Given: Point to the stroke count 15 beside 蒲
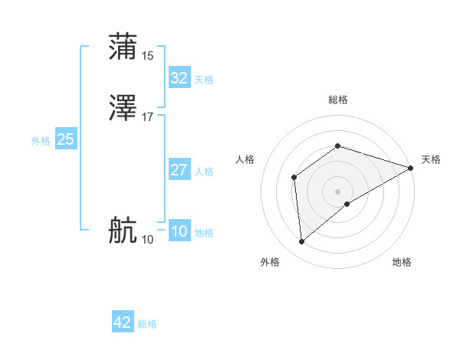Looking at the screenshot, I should click(x=148, y=55).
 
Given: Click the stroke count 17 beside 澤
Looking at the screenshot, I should click(x=148, y=117).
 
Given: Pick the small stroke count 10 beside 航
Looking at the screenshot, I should click(x=148, y=240).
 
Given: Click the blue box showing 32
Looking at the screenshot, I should click(x=179, y=78).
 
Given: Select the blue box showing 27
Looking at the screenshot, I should click(x=179, y=170).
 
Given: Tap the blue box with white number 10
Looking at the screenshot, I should click(x=179, y=231).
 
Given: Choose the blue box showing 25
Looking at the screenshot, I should click(x=65, y=139).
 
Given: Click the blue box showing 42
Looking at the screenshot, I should click(x=123, y=322).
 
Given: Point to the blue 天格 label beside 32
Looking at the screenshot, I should click(x=204, y=80).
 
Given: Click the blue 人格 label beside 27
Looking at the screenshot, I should click(x=204, y=172).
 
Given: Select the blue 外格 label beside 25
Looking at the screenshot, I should click(x=41, y=141).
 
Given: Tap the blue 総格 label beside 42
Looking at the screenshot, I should click(x=147, y=324).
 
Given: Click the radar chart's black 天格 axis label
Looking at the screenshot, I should click(x=431, y=159).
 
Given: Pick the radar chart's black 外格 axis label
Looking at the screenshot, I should click(x=270, y=262).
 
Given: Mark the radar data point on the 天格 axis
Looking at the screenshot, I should click(x=410, y=168).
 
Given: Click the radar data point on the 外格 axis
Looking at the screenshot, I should click(x=302, y=242).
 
